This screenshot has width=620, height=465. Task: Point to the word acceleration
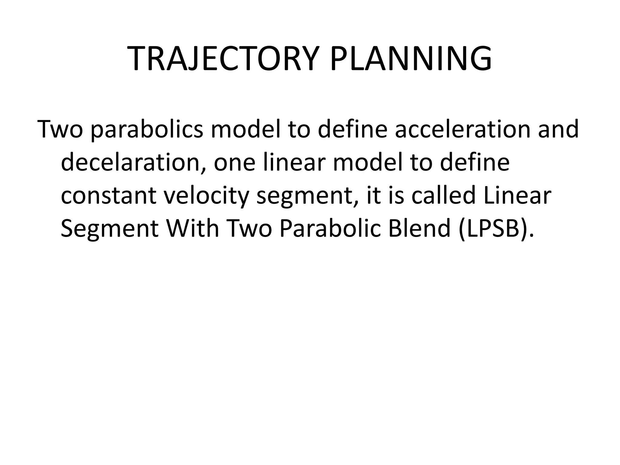[463, 129]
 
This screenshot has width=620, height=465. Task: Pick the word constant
[108, 196]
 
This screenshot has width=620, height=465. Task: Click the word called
[444, 195]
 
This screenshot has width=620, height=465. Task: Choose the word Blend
[420, 228]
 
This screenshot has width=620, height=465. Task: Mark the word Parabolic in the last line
[330, 228]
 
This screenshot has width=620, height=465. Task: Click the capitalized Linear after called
[517, 195]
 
